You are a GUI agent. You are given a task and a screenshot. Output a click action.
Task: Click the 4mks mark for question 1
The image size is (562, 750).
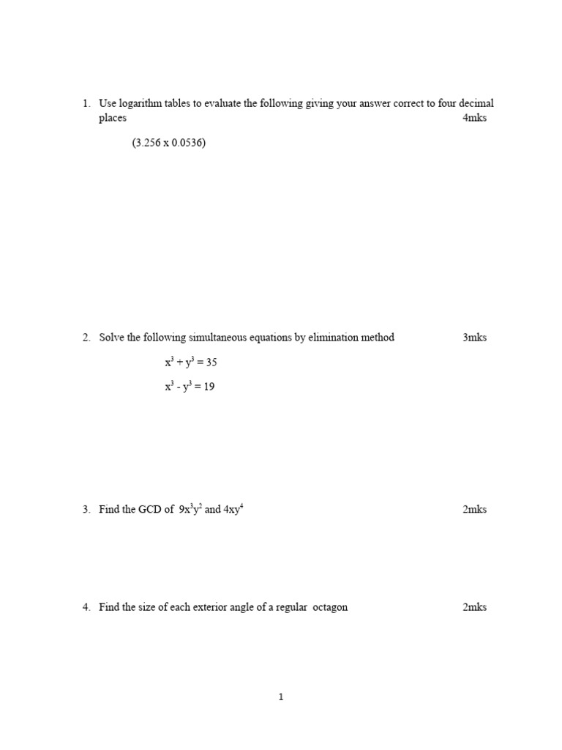(474, 118)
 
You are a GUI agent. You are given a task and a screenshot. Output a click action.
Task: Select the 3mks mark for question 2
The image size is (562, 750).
(474, 338)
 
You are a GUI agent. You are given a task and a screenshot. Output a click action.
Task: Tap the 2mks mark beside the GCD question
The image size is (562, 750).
(474, 510)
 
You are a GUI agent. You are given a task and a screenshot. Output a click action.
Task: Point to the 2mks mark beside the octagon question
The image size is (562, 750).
(474, 607)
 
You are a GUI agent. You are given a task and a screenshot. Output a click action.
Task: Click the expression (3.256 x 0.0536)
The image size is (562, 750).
(169, 143)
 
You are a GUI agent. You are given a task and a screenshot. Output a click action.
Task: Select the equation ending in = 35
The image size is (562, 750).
(191, 362)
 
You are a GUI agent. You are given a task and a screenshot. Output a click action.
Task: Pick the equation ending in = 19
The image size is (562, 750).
(190, 387)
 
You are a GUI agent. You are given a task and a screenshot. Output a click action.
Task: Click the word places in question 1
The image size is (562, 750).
(113, 119)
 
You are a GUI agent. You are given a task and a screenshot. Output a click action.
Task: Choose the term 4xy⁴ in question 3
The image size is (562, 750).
(233, 509)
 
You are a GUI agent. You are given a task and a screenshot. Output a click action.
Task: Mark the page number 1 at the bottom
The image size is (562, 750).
(281, 697)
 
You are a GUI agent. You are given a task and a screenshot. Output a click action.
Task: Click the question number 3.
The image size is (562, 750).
(86, 510)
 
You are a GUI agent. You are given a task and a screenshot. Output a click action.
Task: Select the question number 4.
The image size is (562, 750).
(86, 607)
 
